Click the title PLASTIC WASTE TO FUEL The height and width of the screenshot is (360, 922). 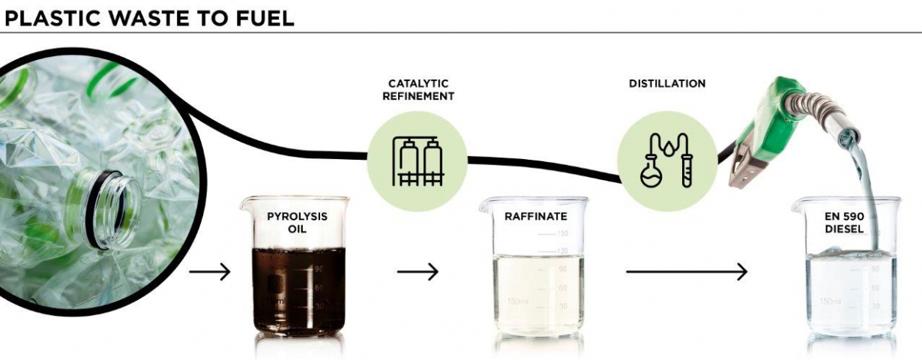(149, 19)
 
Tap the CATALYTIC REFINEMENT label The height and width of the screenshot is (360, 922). (418, 90)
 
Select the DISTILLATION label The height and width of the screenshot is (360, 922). (667, 83)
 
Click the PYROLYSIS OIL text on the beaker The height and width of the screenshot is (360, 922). (297, 223)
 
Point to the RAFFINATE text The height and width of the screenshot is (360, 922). (536, 216)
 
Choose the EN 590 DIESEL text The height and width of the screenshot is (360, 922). (844, 223)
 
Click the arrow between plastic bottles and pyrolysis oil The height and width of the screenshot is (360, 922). (210, 271)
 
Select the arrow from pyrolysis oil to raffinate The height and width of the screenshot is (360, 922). (418, 271)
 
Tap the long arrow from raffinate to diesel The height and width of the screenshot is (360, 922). (687, 271)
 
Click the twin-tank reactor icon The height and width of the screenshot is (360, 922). (418, 161)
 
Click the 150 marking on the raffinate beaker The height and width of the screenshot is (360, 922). (562, 233)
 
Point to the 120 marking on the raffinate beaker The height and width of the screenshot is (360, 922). (562, 250)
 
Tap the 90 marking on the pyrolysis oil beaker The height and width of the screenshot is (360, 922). (319, 269)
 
